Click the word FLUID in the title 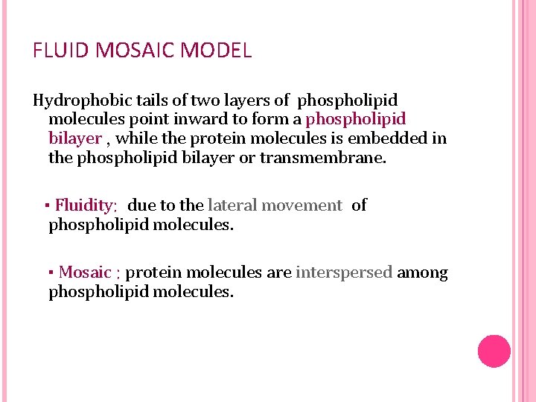(57, 51)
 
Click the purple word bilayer (74, 138)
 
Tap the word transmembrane (324, 158)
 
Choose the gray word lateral (232, 205)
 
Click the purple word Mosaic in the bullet (85, 273)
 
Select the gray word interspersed (344, 273)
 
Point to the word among (423, 273)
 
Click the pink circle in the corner (494, 351)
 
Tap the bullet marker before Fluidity (46, 206)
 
